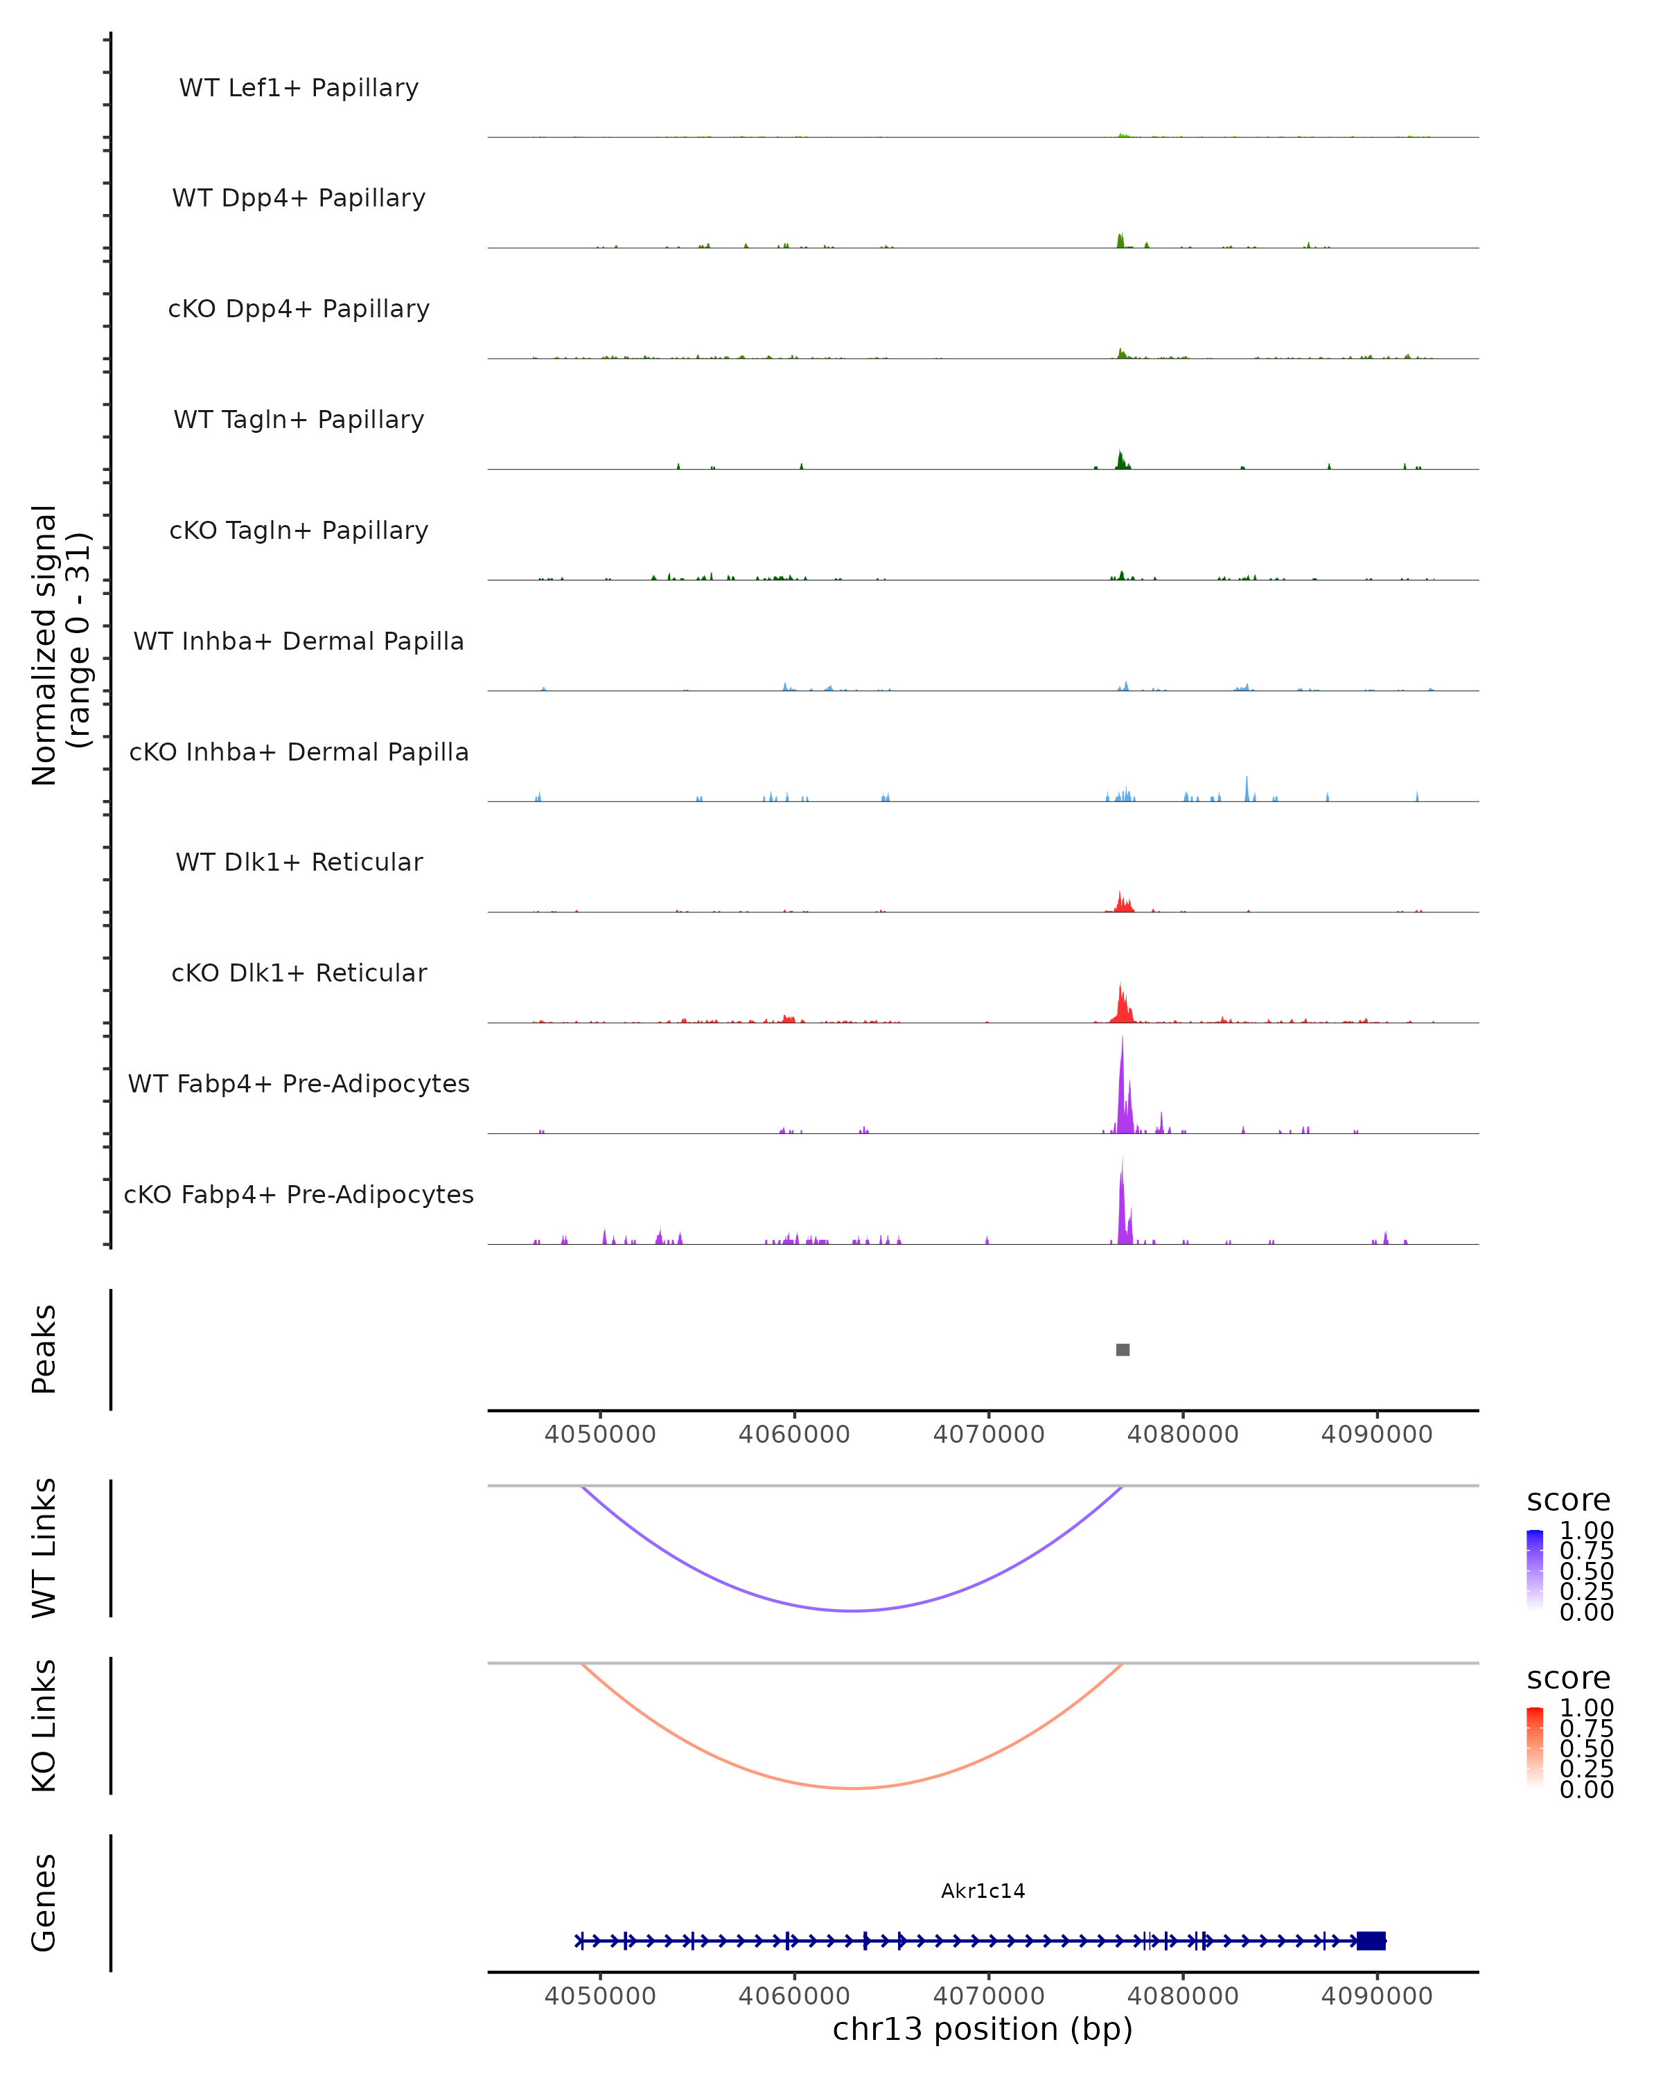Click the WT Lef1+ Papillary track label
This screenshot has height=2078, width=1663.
pyautogui.click(x=299, y=88)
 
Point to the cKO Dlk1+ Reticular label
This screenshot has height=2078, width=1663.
pyautogui.click(x=299, y=973)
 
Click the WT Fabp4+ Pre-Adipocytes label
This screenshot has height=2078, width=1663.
pyautogui.click(x=299, y=1083)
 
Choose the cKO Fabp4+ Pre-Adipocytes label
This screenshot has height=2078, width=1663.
pyautogui.click(x=299, y=1194)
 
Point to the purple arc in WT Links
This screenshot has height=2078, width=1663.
pyautogui.click(x=852, y=1610)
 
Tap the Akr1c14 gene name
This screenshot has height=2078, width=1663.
pyautogui.click(x=983, y=1891)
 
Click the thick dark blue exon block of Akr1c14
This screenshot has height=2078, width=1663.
pyautogui.click(x=1371, y=1941)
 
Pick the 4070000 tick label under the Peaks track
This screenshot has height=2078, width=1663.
pyautogui.click(x=988, y=1435)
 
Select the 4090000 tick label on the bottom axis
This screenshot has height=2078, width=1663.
pyautogui.click(x=1377, y=1996)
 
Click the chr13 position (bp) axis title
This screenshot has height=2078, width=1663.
pyautogui.click(x=983, y=2030)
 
